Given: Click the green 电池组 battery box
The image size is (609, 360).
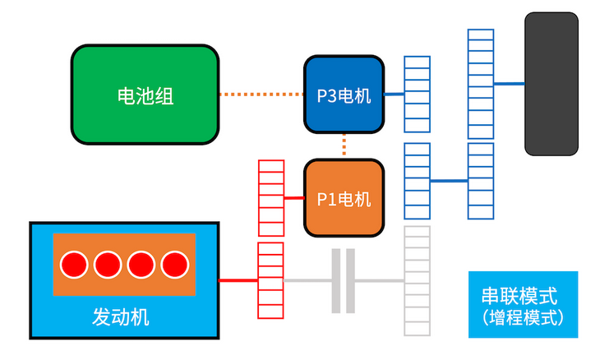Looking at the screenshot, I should tap(145, 95).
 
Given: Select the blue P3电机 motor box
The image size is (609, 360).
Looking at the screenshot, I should tap(344, 95).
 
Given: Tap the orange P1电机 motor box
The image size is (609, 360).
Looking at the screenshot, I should tap(344, 198).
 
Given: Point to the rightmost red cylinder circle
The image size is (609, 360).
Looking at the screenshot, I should tap(174, 265).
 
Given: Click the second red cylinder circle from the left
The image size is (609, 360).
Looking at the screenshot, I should tap(108, 265).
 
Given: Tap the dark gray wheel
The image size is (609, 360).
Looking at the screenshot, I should tap(551, 84).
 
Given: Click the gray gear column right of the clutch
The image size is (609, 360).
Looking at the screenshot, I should tap(417, 281).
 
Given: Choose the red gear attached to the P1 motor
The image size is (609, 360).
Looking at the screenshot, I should tap(270, 198).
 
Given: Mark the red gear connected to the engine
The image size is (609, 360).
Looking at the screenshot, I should tap(270, 280).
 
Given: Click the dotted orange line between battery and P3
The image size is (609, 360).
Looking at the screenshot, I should tap(261, 95).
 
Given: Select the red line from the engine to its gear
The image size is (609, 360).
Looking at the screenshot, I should tap(238, 280).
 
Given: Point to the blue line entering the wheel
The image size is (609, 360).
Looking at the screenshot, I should tap(509, 84).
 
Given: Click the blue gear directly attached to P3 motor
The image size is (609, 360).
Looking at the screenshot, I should tap(417, 95).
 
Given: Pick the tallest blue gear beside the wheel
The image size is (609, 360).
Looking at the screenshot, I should tap(480, 84).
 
